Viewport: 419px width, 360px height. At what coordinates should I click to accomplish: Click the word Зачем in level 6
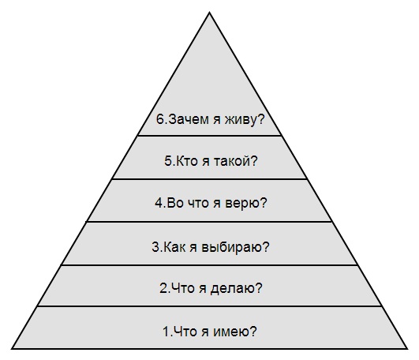[189, 119]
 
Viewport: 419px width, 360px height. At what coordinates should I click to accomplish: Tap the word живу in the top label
[240, 120]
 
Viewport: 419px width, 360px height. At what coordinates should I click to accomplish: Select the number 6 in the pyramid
[160, 119]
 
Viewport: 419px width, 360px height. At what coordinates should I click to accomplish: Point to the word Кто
[186, 161]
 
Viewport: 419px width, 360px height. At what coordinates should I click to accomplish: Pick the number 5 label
[168, 161]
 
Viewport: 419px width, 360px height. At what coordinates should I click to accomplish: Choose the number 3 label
[155, 247]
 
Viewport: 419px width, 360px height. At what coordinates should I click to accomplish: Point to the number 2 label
[163, 288]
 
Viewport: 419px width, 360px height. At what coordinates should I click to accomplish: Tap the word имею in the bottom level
[230, 332]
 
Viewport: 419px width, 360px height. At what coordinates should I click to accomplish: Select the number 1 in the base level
[166, 332]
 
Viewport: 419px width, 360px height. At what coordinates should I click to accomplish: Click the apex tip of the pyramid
[210, 12]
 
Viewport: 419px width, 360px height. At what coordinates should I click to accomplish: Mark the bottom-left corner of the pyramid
[12, 348]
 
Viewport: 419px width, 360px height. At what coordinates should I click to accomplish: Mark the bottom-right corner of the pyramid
[407, 348]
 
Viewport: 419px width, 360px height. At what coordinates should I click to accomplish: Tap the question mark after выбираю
[266, 247]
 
